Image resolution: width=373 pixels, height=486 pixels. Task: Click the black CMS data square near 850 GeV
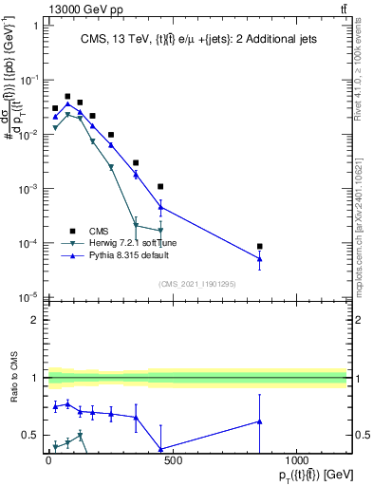coord(259,246)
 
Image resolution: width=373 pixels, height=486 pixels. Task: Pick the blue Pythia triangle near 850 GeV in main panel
coord(259,258)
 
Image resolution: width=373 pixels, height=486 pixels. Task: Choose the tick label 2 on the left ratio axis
coord(34,320)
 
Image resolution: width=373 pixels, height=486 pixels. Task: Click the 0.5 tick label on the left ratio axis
coord(30,436)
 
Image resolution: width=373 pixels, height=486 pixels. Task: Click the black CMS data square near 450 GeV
coord(160,187)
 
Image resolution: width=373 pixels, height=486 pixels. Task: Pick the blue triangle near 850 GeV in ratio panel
coord(259,421)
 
